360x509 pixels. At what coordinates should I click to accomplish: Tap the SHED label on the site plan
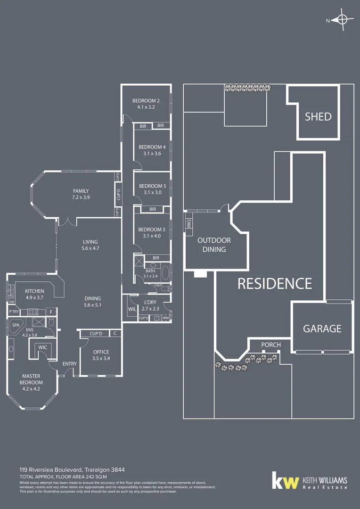click(x=318, y=116)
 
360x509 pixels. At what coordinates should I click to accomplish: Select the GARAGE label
click(x=322, y=328)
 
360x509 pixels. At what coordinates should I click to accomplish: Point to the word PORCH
click(x=271, y=345)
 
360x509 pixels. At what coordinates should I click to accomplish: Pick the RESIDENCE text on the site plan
click(x=274, y=283)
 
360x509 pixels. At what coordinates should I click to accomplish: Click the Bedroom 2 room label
click(x=146, y=100)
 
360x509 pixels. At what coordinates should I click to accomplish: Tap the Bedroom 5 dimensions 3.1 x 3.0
click(x=152, y=192)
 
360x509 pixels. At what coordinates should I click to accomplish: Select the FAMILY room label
click(x=81, y=190)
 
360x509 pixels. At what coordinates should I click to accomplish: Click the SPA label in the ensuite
click(x=16, y=325)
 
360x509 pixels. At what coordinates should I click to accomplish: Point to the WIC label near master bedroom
click(x=42, y=347)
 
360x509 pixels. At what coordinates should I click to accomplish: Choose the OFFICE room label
click(x=101, y=352)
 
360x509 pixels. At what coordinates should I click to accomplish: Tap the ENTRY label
click(x=69, y=363)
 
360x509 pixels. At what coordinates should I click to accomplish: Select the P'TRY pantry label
click(x=14, y=312)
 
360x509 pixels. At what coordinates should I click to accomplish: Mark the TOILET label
click(x=158, y=286)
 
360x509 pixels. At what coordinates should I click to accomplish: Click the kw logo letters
click(x=286, y=482)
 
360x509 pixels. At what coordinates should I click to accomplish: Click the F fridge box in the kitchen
click(x=51, y=312)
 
